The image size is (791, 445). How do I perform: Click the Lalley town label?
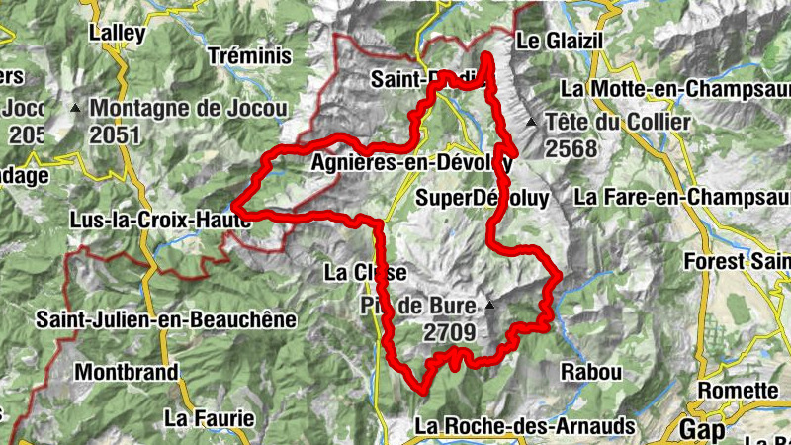point(118,33)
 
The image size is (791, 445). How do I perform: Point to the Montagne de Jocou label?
point(187,108)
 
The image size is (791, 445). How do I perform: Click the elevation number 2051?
point(114,134)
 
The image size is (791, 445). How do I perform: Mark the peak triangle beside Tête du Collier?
point(532,123)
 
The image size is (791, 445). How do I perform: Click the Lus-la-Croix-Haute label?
point(158,220)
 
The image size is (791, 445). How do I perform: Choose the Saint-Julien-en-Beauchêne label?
point(166,319)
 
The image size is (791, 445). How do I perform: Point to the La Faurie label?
point(204,417)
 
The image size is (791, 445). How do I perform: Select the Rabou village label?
point(590,373)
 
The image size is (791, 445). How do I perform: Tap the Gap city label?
point(702,429)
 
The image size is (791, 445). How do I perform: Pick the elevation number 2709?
point(450,333)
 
